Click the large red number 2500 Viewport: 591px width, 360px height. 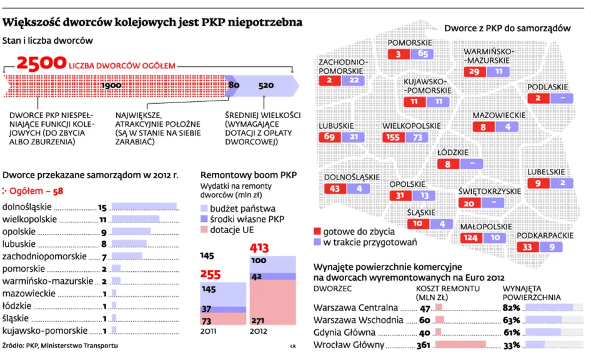(x=42, y=63)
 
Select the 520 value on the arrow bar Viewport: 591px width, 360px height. (x=266, y=86)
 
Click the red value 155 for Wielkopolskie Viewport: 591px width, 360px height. (x=395, y=137)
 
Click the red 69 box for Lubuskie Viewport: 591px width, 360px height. (x=330, y=137)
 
